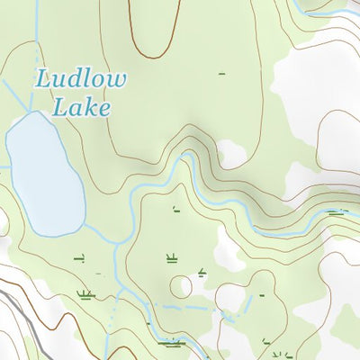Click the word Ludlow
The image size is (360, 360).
[80, 79]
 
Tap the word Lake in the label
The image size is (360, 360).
[81, 108]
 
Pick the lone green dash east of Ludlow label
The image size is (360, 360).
[221, 72]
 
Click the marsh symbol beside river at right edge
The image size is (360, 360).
[337, 212]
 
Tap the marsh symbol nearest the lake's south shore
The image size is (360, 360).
[78, 259]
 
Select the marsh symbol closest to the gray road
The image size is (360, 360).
[86, 293]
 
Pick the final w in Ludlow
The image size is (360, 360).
[115, 79]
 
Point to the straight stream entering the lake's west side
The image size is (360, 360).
[4, 166]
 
